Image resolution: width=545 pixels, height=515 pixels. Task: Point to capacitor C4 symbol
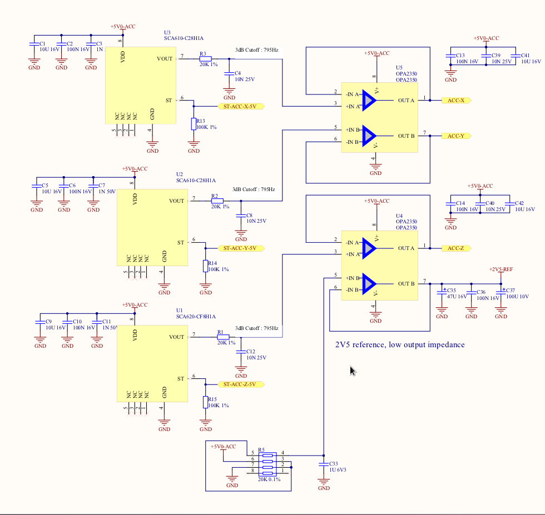tap(228, 73)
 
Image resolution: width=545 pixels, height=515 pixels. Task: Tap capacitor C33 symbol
tap(324, 463)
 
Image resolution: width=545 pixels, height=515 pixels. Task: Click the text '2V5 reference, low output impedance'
tap(400, 344)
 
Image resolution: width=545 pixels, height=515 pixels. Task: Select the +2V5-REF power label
tap(501, 269)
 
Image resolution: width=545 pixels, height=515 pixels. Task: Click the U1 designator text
tap(179, 310)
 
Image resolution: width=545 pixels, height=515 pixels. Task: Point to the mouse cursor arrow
tap(352, 370)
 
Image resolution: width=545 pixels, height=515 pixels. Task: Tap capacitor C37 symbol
tap(501, 291)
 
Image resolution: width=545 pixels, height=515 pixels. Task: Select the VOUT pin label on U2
tap(176, 201)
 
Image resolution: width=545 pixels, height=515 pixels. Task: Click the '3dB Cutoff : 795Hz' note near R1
tap(256, 328)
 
